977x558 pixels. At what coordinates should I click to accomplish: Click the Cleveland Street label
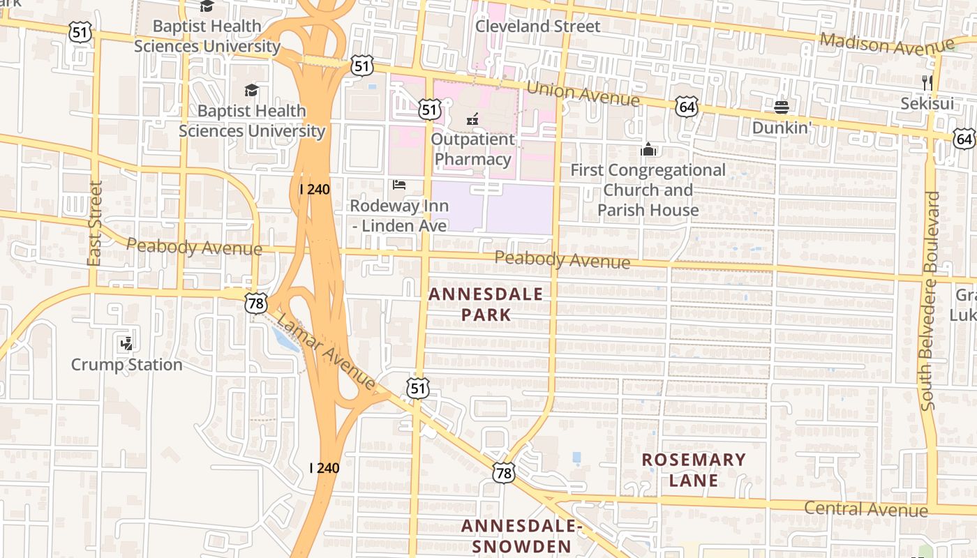point(537,27)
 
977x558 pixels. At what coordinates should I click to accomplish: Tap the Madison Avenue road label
point(886,44)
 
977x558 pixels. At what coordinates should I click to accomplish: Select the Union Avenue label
point(583,94)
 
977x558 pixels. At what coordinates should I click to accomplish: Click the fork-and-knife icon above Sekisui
point(927,83)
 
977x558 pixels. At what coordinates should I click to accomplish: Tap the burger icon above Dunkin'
point(781,107)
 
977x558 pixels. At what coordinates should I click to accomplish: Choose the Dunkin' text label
point(782,128)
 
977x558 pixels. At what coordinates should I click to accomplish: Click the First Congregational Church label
point(648,190)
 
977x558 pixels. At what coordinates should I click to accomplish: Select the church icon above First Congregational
point(648,149)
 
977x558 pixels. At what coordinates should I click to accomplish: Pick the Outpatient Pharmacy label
point(472,149)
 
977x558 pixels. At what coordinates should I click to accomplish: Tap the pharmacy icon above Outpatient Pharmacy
point(472,119)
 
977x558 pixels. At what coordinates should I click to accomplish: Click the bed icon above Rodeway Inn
point(399,185)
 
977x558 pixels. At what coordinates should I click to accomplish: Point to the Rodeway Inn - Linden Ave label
point(399,216)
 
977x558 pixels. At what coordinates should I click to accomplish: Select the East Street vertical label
point(96,223)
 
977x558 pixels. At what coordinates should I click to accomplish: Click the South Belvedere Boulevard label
point(931,300)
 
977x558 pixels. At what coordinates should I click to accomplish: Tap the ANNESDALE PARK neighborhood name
point(486,304)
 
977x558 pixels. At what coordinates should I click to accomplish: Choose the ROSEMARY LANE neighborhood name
point(694,469)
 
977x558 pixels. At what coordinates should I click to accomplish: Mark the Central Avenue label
point(865,508)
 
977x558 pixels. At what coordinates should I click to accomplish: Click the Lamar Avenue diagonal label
point(327,352)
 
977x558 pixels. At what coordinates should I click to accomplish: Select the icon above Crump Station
point(126,343)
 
